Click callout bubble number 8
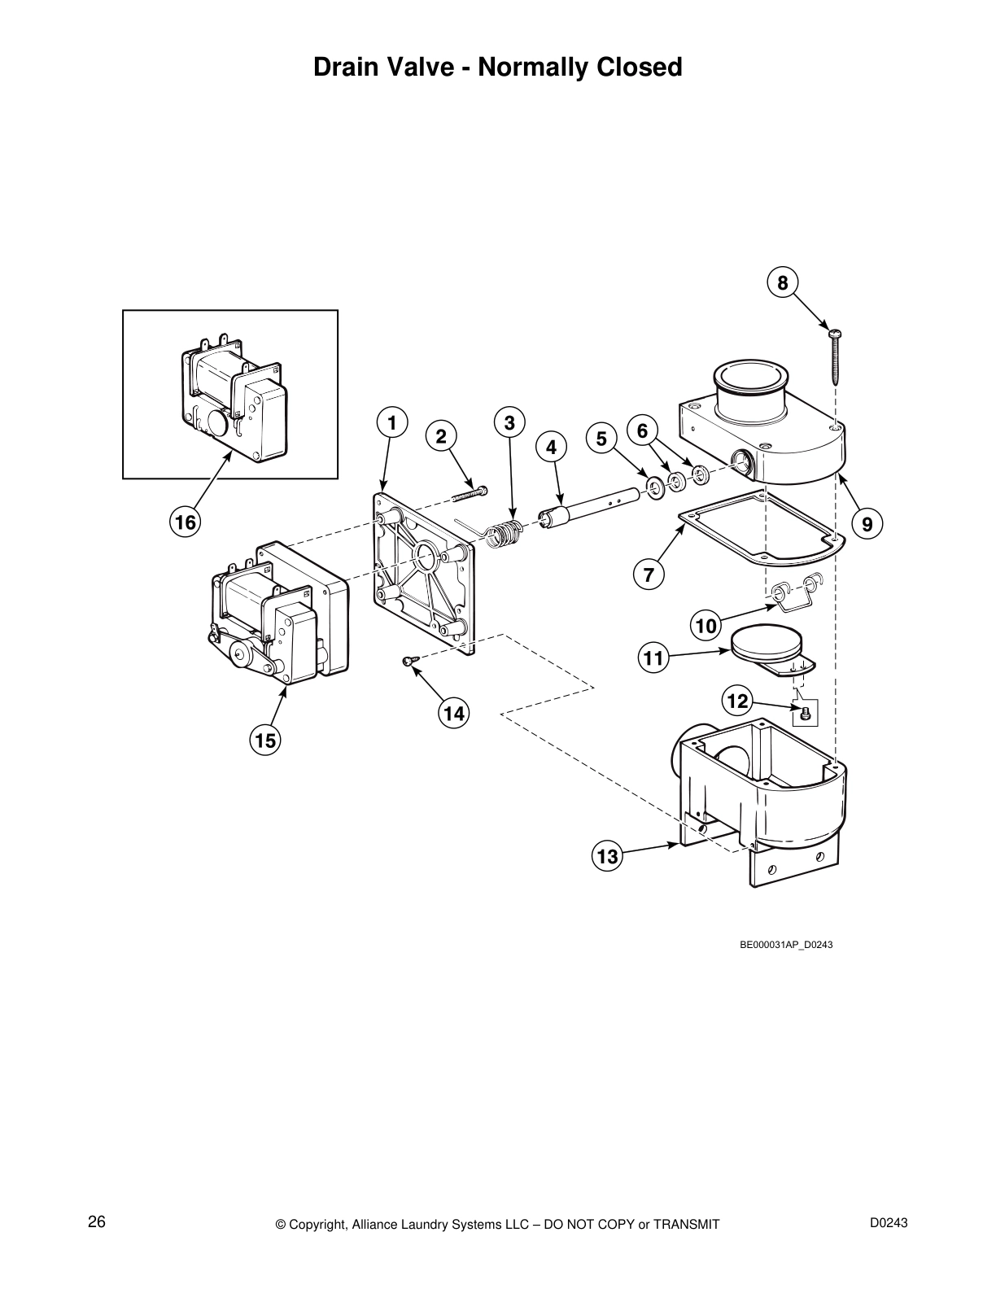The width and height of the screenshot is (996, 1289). coord(783,283)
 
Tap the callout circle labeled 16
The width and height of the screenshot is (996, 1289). coord(186,522)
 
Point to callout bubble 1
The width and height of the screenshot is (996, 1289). coord(391,423)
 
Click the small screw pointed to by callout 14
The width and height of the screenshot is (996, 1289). coord(408,662)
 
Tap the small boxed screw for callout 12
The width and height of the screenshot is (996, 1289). coord(805,714)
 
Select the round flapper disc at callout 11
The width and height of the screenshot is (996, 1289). coord(766,644)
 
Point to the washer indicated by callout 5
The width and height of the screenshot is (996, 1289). coord(653,487)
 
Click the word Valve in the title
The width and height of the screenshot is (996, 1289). coord(432,67)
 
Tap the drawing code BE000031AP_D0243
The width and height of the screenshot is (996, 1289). coord(785,945)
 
